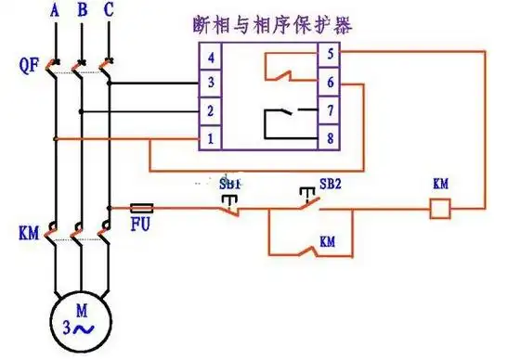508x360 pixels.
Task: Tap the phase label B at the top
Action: point(83,11)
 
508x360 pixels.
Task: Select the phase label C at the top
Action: point(110,11)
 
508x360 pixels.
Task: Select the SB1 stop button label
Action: point(229,184)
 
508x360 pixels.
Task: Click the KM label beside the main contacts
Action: point(29,233)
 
